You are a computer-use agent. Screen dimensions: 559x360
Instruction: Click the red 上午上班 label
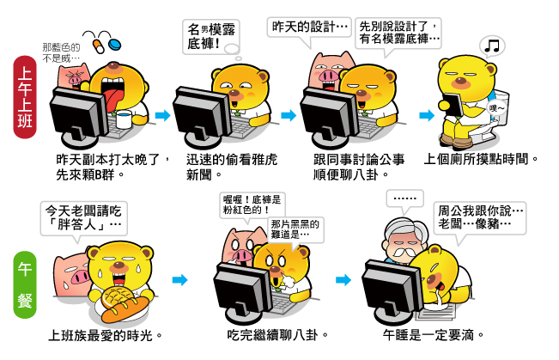point(25,97)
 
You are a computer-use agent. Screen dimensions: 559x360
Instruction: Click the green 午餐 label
point(25,284)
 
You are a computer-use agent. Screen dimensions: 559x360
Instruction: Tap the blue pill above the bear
point(115,45)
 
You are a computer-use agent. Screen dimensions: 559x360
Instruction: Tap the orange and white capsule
point(98,46)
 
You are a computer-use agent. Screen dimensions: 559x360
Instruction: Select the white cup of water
point(124,119)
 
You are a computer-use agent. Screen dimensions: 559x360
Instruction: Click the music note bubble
point(492,46)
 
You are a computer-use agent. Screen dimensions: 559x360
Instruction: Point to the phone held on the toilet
point(453,104)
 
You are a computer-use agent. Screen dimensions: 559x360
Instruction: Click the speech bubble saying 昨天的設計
point(309,27)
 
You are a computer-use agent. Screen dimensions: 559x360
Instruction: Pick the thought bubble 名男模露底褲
point(211,38)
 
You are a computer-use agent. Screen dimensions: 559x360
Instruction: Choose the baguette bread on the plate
point(125,309)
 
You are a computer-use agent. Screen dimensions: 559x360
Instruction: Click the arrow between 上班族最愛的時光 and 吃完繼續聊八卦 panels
point(179,280)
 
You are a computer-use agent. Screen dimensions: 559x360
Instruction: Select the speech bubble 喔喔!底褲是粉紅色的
point(252,205)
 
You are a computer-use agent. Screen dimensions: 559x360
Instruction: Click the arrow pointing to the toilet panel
point(427,115)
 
